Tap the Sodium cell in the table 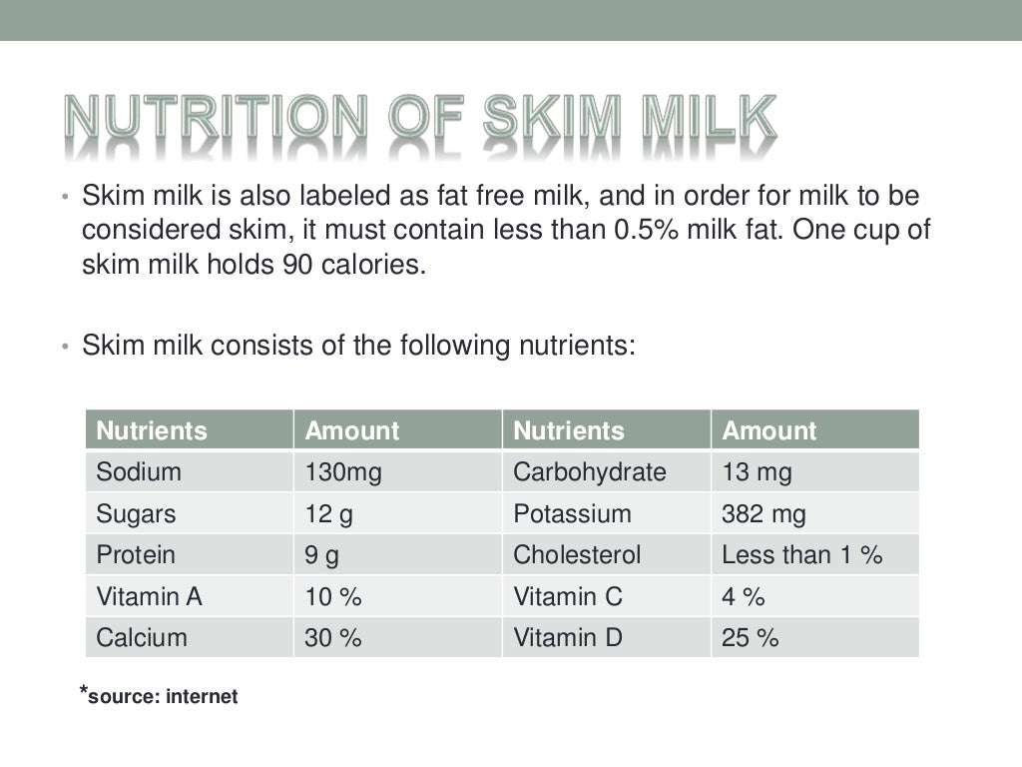click(x=139, y=472)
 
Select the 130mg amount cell click(x=343, y=472)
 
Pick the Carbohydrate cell click(x=589, y=472)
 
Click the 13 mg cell click(x=757, y=472)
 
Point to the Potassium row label click(x=572, y=514)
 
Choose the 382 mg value click(x=764, y=514)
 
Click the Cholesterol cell click(x=577, y=555)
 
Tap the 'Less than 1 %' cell click(x=801, y=555)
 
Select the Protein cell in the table click(x=136, y=555)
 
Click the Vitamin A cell click(x=149, y=597)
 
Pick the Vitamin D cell click(x=567, y=638)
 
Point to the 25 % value click(x=750, y=638)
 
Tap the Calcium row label click(x=142, y=638)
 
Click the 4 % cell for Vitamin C click(x=743, y=597)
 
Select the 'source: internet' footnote click(x=162, y=697)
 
